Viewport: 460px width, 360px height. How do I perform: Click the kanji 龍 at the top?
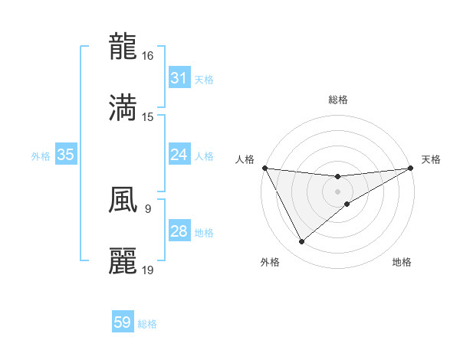(123, 46)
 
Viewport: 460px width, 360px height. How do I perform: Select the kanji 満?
(123, 106)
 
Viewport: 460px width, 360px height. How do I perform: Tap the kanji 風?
(123, 198)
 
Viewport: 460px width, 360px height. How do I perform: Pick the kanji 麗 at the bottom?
(123, 260)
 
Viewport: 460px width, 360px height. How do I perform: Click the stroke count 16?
(148, 56)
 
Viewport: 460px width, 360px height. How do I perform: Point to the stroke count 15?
(148, 116)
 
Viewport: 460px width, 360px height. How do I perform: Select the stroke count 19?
(148, 270)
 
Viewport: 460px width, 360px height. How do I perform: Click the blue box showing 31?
(179, 78)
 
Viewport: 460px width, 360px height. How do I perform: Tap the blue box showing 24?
(179, 155)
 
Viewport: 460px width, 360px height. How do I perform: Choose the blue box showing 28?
(179, 231)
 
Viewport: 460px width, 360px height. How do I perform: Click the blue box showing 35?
(65, 155)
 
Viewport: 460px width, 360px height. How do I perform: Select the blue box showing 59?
(123, 322)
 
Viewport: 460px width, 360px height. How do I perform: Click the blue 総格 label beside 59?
(147, 324)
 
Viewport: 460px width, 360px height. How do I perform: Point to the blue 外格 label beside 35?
(41, 155)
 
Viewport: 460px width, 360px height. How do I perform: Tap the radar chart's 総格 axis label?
(338, 100)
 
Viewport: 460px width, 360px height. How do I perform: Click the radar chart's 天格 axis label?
(431, 159)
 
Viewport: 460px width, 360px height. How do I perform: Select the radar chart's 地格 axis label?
(402, 262)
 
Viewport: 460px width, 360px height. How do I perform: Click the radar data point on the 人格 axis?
(264, 168)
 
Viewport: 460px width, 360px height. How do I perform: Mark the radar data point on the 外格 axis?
(301, 242)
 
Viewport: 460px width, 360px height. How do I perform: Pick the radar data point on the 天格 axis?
(411, 168)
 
